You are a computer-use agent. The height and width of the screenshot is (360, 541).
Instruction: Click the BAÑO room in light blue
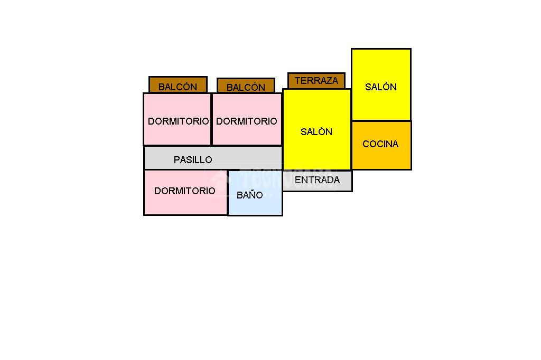(255, 203)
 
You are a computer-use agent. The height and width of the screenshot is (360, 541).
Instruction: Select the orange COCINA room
(381, 156)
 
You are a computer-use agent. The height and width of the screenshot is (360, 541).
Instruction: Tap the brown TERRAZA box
(316, 81)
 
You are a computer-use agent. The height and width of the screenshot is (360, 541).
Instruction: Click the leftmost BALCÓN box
(178, 85)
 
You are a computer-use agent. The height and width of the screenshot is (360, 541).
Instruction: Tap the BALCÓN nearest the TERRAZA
(246, 86)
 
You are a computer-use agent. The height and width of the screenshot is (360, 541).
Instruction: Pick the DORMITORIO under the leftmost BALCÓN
(178, 132)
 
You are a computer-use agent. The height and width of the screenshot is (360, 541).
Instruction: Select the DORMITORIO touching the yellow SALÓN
(247, 132)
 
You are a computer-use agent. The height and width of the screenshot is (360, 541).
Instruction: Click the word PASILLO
(193, 159)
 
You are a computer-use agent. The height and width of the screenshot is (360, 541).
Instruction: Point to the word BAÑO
(249, 195)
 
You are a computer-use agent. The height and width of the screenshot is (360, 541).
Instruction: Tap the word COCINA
(380, 144)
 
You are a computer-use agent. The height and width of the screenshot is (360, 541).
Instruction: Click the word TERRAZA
(316, 81)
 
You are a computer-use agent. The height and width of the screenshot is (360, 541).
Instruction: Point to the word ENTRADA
(317, 179)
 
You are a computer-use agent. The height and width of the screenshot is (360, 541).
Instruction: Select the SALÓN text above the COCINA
(381, 87)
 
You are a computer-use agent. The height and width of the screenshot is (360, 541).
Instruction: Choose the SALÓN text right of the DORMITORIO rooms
(316, 131)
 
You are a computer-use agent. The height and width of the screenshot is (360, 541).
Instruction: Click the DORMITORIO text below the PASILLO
(185, 191)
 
